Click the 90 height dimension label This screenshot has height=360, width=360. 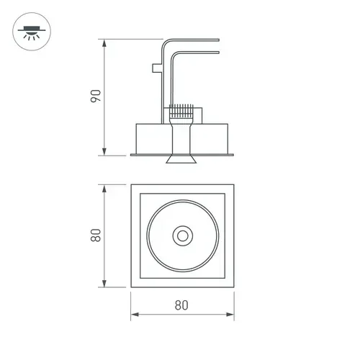(96, 96)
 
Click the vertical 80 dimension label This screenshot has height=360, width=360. (96, 235)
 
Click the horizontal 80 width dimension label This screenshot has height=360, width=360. (181, 305)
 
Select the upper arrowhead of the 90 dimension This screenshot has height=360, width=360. (104, 43)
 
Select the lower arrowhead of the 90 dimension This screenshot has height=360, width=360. (104, 151)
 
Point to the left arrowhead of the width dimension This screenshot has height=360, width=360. (135, 315)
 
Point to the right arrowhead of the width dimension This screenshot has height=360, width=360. (230, 315)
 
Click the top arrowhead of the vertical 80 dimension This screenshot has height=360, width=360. (104, 189)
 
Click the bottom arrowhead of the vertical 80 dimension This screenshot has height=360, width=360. (104, 283)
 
